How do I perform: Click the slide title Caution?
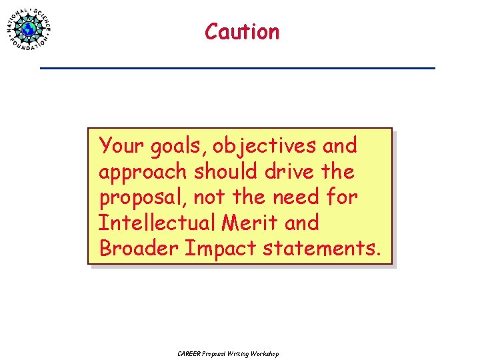[x=242, y=31]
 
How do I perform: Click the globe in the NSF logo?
[x=29, y=29]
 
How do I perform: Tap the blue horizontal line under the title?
[x=237, y=68]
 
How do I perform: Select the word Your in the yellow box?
[x=119, y=145]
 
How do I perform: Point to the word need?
[x=294, y=197]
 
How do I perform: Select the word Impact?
[x=220, y=248]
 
